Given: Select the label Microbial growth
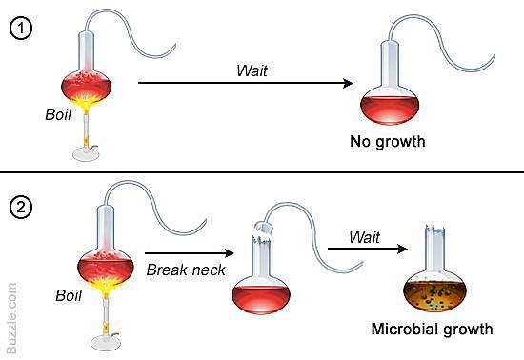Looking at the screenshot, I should [433, 330].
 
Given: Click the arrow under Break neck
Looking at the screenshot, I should [188, 252].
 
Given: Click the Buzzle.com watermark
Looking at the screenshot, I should [12, 313].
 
